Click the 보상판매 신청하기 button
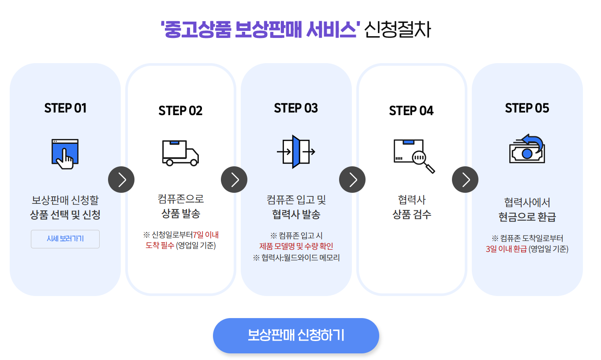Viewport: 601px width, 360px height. [296, 335]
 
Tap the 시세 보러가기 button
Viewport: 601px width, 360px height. [65, 239]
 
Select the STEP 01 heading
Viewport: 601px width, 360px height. [65, 108]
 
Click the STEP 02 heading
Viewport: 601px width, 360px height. [180, 110]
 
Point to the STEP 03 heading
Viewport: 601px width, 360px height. [296, 108]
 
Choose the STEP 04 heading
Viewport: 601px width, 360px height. [411, 110]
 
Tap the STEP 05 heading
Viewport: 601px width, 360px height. [527, 108]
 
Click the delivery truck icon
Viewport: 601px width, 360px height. [180, 153]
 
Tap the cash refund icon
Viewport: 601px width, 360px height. [527, 150]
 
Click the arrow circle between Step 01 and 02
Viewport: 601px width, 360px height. [121, 180]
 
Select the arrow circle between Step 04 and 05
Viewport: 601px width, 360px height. [465, 180]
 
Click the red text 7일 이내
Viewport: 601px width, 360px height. [206, 234]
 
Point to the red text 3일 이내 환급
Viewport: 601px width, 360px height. [506, 249]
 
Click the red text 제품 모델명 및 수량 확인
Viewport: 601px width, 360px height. [296, 246]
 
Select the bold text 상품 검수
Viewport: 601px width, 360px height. [411, 215]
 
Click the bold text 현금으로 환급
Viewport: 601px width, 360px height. [527, 217]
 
